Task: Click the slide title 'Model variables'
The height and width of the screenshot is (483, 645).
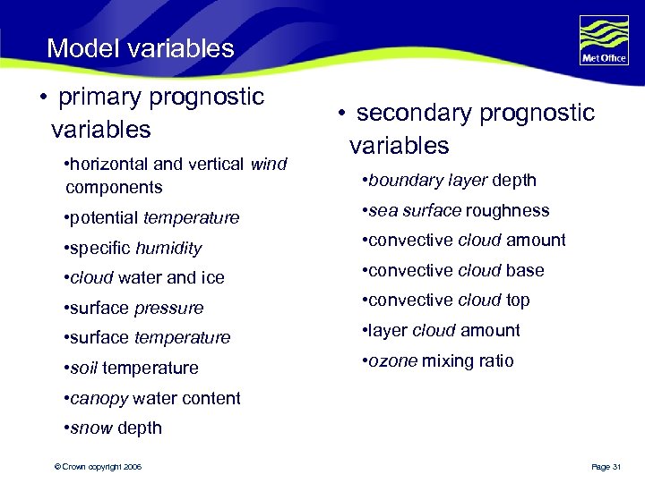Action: point(140,48)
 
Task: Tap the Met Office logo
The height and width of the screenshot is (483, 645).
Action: point(603,42)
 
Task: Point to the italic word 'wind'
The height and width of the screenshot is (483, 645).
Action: point(269,164)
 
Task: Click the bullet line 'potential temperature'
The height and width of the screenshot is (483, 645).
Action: point(152,217)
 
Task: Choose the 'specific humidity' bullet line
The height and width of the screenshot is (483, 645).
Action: point(133,248)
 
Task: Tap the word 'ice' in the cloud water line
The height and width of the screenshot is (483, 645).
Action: point(212,277)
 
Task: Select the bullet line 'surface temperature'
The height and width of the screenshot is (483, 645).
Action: point(148,337)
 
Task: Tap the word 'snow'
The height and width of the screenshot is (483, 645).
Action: point(90,428)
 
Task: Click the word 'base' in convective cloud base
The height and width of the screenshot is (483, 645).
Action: point(526,270)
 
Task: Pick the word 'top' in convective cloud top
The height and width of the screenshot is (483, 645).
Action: point(518,300)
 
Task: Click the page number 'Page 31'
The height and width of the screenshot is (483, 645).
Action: point(606,467)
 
